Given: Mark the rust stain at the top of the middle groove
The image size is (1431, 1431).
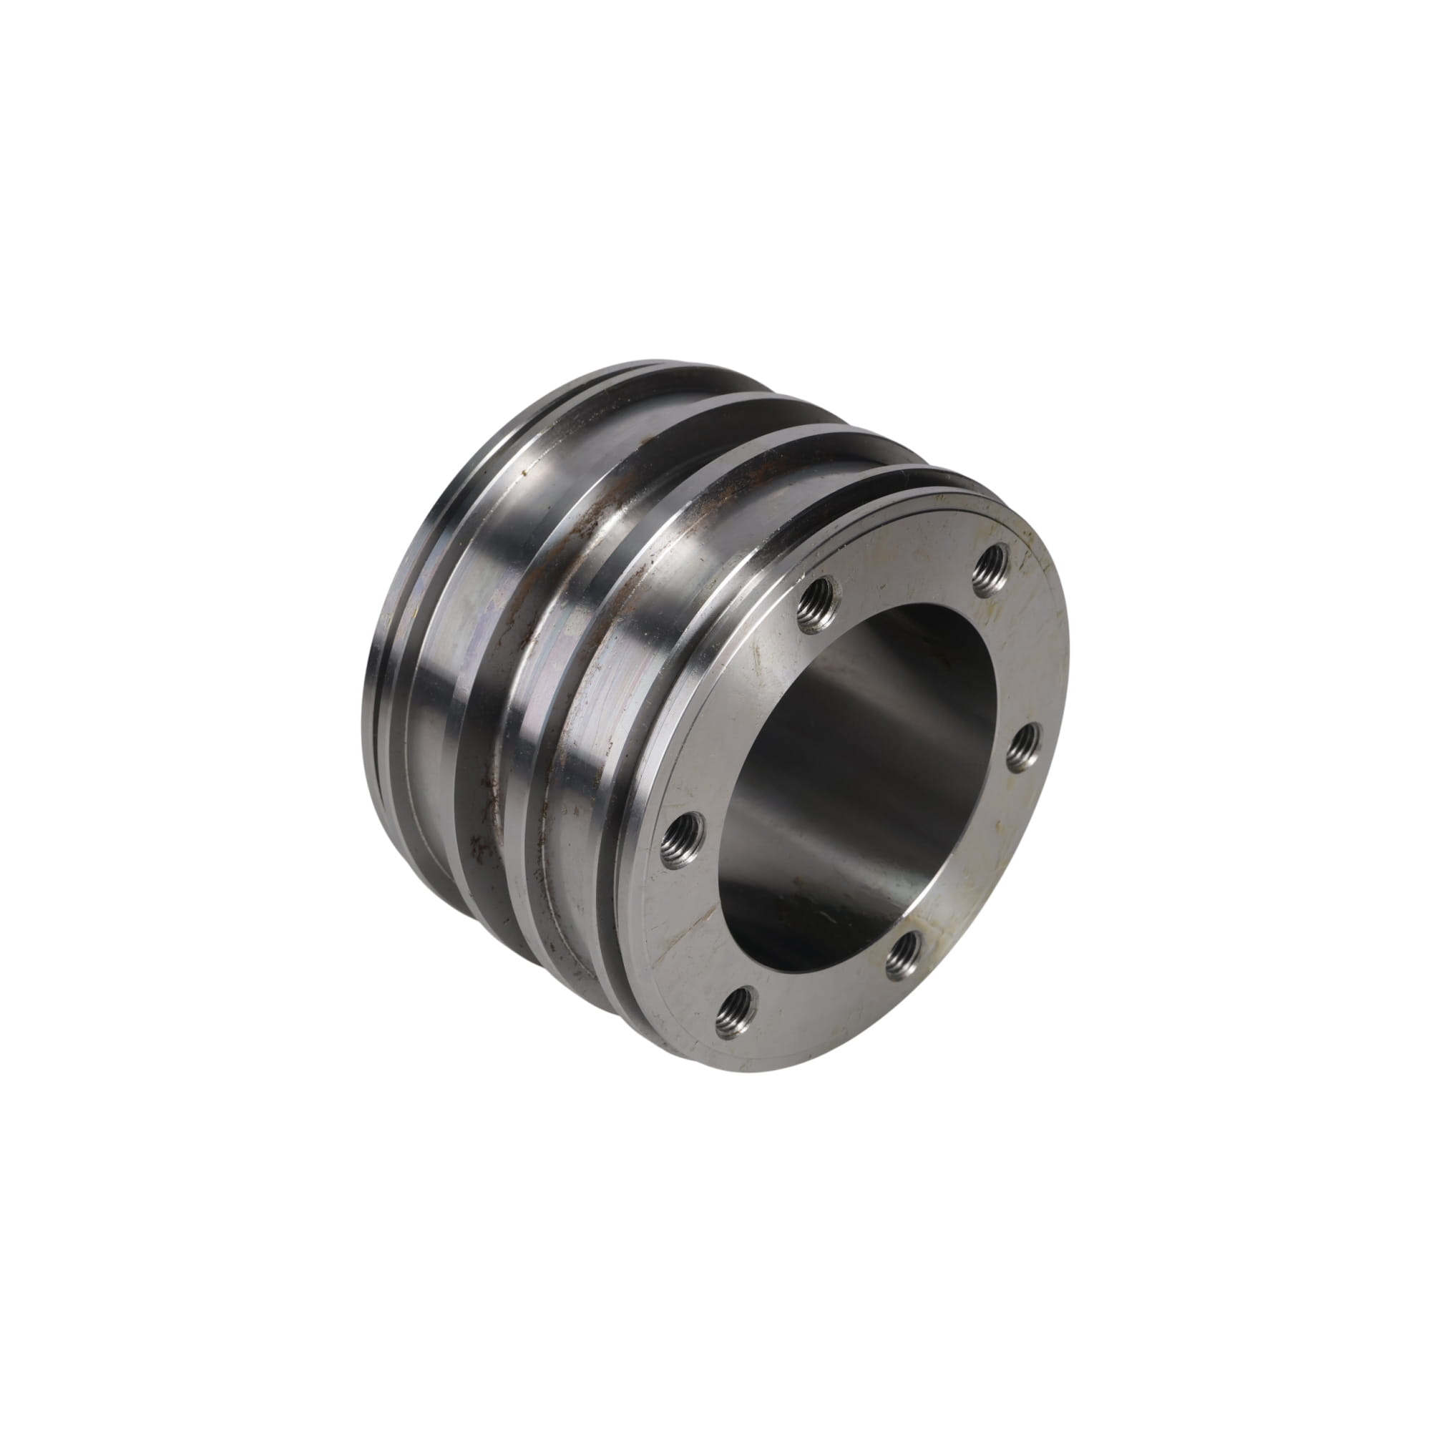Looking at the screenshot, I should click(592, 511).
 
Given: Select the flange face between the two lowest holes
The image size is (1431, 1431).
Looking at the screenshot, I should click(815, 992).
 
